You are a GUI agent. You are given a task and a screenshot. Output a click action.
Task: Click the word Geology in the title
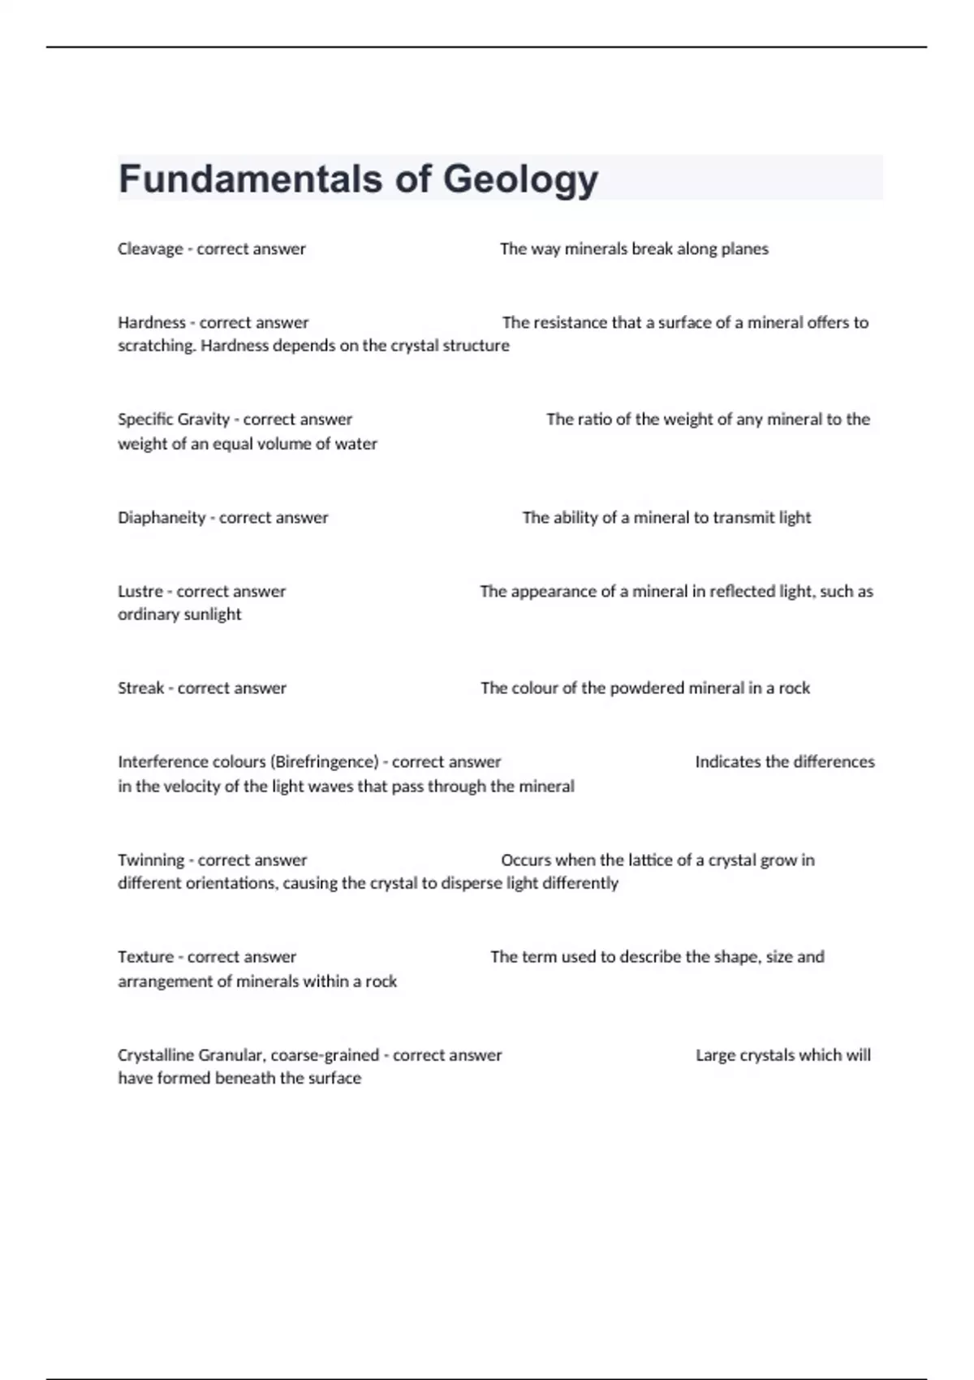520,179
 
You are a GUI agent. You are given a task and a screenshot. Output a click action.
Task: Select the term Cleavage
150,249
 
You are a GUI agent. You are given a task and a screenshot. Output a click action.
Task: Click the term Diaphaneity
162,518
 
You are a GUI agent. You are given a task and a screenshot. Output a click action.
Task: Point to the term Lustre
140,592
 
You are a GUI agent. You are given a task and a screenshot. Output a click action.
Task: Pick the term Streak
140,688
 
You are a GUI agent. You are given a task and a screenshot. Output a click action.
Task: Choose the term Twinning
151,860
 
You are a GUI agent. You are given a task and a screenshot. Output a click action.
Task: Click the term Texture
145,957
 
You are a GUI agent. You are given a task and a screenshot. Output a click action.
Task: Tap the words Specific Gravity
174,420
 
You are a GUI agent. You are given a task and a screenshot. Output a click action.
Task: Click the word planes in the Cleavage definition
745,249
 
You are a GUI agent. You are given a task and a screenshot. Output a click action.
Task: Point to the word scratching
157,346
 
